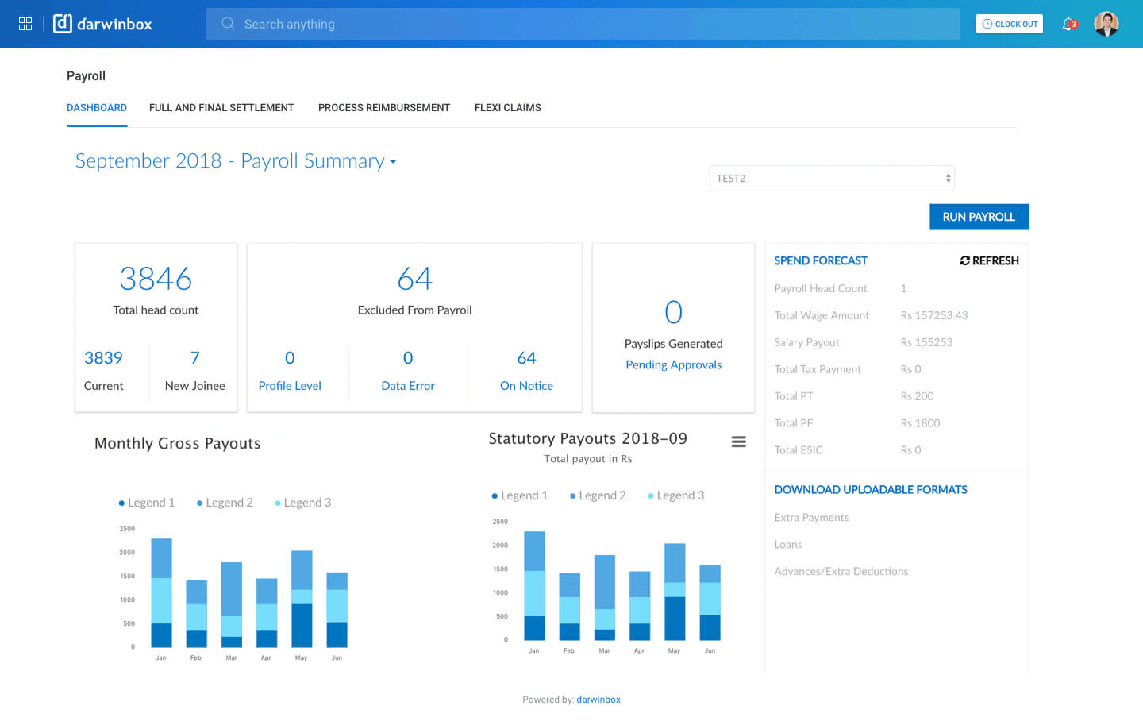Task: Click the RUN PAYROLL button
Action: [x=979, y=217]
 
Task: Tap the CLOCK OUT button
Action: [x=1009, y=24]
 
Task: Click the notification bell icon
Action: [x=1068, y=24]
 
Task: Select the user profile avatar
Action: [x=1106, y=24]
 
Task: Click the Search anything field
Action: [x=583, y=24]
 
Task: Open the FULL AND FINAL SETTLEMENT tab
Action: [x=221, y=108]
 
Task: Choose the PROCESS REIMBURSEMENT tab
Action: [x=384, y=108]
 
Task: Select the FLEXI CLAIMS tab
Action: [x=507, y=108]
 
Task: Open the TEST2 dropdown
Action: [x=831, y=179]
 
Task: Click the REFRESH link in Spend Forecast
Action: [x=989, y=260]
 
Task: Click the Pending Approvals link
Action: [x=673, y=365]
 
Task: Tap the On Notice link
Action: [x=526, y=386]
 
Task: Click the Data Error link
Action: [x=408, y=386]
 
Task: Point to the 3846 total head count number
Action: [x=156, y=279]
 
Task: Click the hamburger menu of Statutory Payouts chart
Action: [x=738, y=442]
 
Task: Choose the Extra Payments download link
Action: [x=811, y=518]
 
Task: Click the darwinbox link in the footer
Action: [x=598, y=700]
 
